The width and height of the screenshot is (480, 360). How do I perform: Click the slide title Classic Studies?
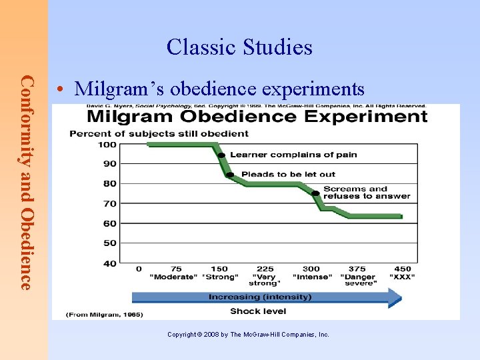click(x=239, y=47)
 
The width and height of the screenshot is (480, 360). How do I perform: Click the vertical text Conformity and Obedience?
click(x=26, y=182)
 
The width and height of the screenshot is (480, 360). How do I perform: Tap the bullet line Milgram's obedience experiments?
click(x=220, y=89)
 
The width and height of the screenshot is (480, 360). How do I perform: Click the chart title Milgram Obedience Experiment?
click(x=257, y=117)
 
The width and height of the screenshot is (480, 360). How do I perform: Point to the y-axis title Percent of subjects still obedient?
click(x=159, y=133)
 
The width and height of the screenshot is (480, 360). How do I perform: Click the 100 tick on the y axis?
click(x=108, y=145)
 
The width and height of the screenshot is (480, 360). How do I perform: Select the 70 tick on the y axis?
click(x=109, y=203)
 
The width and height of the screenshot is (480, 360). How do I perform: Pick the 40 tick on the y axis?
click(x=109, y=263)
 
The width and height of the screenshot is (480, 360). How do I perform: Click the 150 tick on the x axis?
click(x=219, y=269)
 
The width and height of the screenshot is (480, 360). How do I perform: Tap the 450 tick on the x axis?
click(x=402, y=269)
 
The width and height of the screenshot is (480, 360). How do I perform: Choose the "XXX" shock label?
click(x=402, y=277)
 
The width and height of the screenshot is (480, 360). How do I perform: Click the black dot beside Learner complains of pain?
click(x=221, y=155)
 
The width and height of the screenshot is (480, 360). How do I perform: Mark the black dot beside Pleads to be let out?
click(x=230, y=175)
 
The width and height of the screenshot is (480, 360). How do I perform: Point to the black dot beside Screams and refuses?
click(x=315, y=193)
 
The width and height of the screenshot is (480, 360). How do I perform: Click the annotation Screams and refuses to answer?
click(x=366, y=193)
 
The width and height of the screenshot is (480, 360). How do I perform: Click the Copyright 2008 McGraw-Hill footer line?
click(x=248, y=335)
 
